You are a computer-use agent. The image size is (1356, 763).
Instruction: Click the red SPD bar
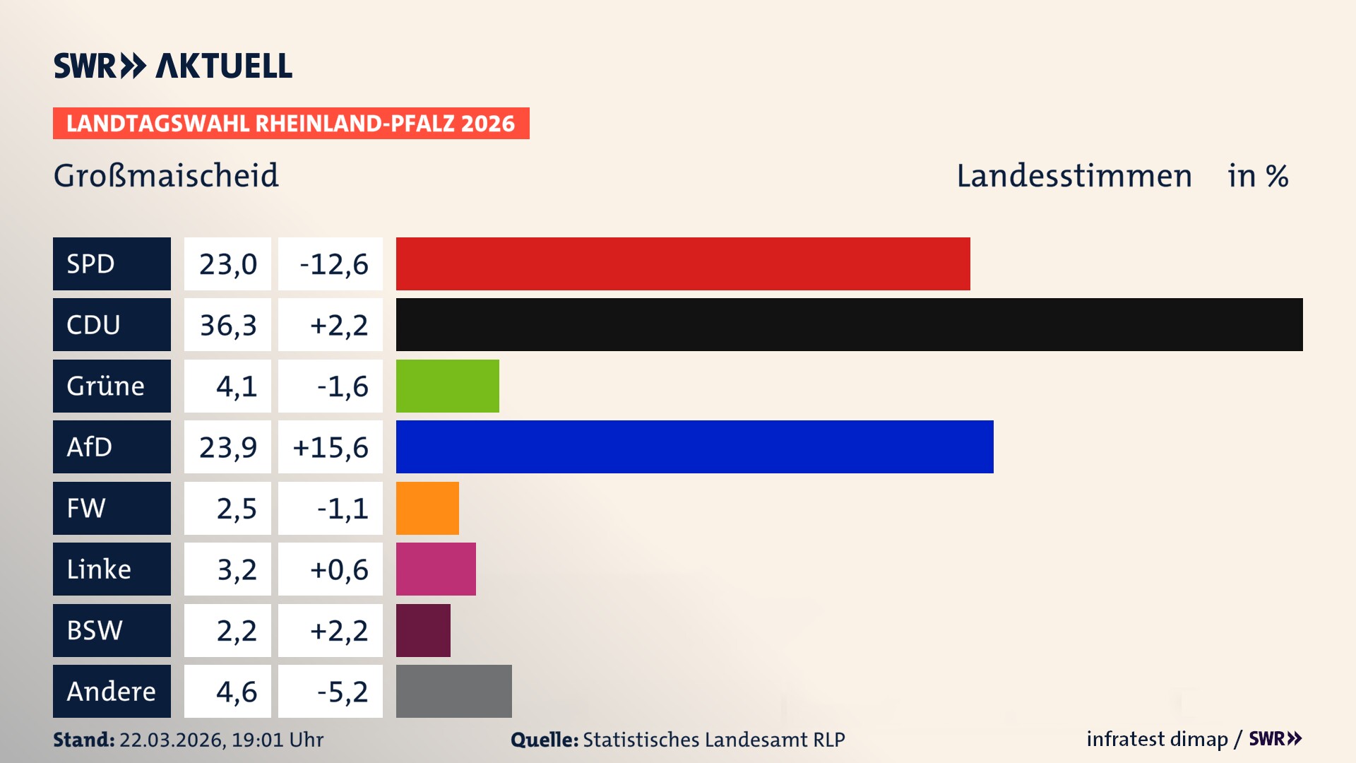pos(683,264)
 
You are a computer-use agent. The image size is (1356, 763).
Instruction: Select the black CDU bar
pos(849,324)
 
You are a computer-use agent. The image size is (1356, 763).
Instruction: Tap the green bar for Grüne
pos(447,386)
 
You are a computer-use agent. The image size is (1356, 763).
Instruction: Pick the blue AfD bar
pos(694,446)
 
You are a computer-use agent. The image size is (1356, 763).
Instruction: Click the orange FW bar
pos(427,508)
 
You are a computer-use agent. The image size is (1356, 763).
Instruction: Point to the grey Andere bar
pos(453,691)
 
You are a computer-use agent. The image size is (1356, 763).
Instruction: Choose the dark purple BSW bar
pos(423,630)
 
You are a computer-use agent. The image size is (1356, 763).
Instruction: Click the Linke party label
pos(112,569)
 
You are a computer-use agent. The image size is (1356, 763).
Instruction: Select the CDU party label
pos(112,324)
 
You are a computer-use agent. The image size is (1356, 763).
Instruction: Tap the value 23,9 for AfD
pos(227,447)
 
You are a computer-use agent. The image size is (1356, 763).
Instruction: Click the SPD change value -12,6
pos(331,264)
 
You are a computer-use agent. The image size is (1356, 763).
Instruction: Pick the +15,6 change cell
pos(331,447)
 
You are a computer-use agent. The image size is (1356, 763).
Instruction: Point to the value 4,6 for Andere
pos(236,692)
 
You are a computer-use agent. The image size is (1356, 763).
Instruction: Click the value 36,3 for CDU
pos(227,325)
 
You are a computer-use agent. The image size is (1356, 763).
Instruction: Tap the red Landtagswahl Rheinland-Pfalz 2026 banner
pos(291,123)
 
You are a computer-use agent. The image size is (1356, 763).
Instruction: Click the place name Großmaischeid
pos(166,176)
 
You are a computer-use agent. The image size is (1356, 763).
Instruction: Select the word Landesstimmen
pos(1073,176)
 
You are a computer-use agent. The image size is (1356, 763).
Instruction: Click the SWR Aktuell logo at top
pos(173,66)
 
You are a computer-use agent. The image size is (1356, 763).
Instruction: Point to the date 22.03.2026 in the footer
pos(172,740)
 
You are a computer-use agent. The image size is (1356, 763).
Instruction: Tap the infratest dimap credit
pos(1156,739)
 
